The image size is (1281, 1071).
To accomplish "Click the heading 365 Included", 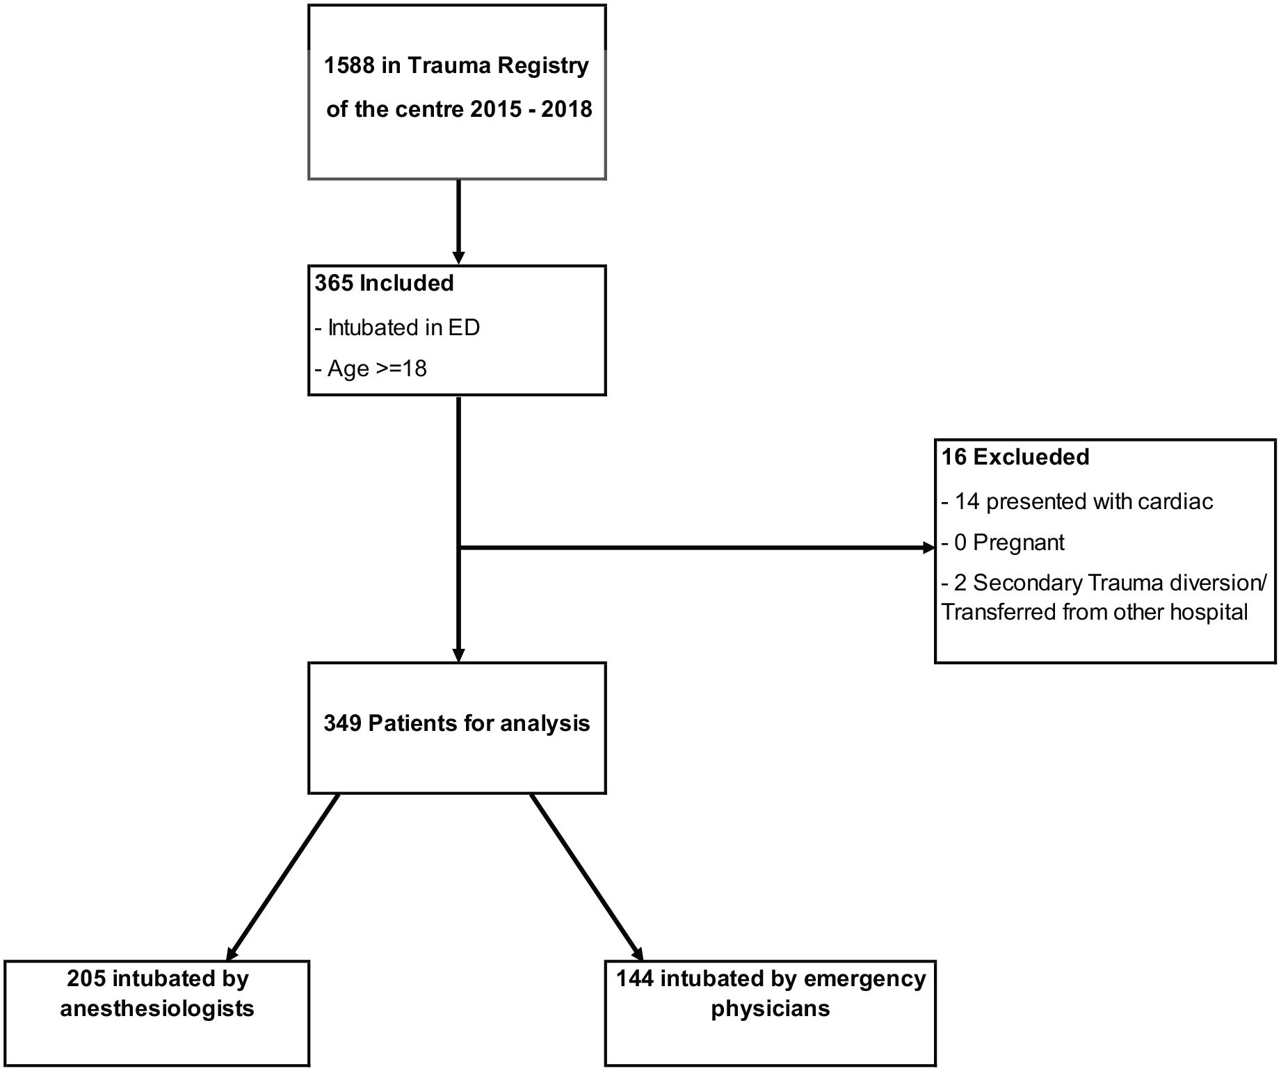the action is (384, 284).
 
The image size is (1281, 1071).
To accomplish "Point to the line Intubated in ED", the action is (398, 328).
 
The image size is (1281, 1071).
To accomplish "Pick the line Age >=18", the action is (371, 369).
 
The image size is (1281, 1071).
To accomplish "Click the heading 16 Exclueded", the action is (1015, 457).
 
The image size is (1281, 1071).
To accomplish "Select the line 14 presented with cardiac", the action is (1077, 501).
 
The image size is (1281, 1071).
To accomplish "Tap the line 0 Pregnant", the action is (1003, 542).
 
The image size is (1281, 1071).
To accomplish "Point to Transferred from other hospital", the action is (1095, 613).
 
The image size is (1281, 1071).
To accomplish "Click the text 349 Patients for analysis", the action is (457, 724).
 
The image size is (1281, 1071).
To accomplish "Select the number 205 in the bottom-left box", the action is (86, 979).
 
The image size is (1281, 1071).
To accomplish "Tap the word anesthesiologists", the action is (157, 1009).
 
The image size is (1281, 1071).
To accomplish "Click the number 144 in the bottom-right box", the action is (635, 979).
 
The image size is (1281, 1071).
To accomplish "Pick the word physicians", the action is (771, 1009).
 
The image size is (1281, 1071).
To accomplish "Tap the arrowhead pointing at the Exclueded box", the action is (928, 548).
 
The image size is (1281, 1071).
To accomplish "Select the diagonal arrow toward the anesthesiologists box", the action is (283, 877).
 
